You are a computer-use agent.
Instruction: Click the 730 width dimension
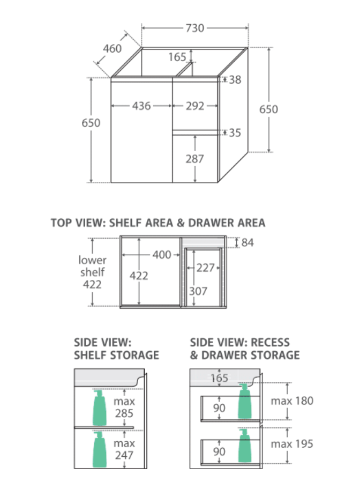195,28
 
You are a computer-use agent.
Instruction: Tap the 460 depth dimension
112,49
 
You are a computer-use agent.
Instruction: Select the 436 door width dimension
141,106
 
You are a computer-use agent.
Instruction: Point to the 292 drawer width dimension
195,106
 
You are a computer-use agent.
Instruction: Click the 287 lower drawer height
195,159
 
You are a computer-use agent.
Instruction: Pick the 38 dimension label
235,80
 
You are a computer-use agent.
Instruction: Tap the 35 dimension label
235,133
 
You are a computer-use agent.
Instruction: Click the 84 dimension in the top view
247,243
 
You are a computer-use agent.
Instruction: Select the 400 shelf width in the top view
162,255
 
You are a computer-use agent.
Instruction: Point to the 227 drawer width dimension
205,268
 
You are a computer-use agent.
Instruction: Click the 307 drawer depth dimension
198,291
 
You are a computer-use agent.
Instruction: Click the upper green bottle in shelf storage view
100,407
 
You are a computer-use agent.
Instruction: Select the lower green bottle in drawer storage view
245,446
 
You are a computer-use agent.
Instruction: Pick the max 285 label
124,407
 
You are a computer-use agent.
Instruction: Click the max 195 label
292,444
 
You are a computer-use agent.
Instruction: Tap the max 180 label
292,401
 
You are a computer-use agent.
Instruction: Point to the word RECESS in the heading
270,343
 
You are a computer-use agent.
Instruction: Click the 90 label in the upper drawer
219,408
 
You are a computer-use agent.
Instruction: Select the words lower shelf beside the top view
92,266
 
